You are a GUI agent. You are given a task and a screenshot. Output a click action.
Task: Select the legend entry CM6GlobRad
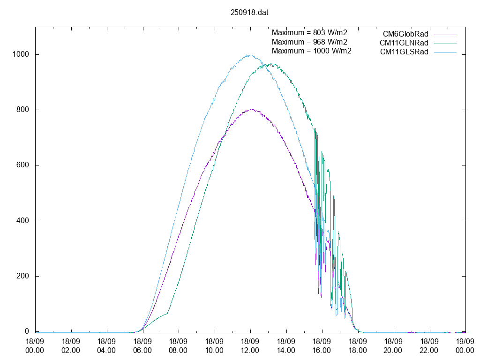pos(405,34)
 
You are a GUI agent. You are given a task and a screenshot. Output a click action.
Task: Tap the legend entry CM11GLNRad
pos(404,43)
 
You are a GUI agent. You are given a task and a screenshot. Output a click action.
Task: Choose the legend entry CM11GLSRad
pos(404,52)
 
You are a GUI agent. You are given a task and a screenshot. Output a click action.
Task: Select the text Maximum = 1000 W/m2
pos(311,51)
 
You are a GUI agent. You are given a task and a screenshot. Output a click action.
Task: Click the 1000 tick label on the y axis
pos(21,54)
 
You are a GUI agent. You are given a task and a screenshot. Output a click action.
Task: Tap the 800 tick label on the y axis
pos(23,110)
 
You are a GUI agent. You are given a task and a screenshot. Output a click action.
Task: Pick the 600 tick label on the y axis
pos(23,165)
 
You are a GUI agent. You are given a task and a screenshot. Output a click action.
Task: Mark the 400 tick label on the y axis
pos(23,221)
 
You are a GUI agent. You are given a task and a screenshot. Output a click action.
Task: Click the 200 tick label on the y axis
pos(23,276)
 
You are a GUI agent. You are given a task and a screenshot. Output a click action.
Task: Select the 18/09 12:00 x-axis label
pos(250,345)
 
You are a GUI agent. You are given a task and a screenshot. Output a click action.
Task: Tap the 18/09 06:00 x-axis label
pos(142,345)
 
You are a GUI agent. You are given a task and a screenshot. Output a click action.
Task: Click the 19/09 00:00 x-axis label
pos(465,345)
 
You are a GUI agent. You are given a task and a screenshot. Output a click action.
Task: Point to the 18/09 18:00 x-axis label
pos(358,345)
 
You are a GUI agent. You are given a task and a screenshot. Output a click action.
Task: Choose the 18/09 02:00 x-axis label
pos(71,345)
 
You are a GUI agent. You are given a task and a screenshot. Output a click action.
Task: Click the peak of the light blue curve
pos(249,55)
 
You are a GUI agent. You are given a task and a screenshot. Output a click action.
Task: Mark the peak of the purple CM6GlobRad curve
pos(252,109)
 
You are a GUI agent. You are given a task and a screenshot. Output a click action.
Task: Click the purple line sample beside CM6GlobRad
pos(445,34)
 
